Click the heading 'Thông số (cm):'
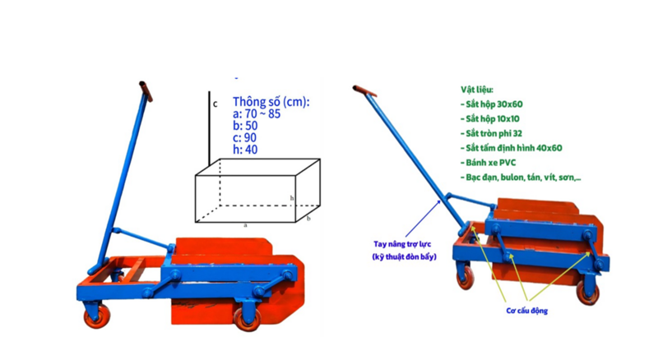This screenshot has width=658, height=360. [271, 102]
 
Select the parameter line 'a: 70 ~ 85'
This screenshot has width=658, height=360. [257, 113]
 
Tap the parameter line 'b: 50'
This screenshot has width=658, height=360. [245, 126]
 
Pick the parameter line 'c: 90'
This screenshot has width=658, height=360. [244, 137]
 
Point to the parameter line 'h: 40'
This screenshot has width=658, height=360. [245, 150]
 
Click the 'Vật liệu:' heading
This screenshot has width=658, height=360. [477, 90]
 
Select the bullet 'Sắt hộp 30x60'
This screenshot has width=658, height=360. [491, 104]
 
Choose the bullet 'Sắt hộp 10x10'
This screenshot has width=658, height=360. [489, 118]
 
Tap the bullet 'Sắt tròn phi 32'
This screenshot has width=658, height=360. [491, 133]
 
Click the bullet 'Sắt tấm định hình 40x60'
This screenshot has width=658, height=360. [511, 148]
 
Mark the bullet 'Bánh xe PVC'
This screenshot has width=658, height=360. [488, 163]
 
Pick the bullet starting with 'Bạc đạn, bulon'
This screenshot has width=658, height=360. [521, 177]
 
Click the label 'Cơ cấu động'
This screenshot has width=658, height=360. [526, 311]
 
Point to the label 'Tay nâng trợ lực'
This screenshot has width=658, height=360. [402, 244]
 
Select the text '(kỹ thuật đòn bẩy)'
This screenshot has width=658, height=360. [404, 256]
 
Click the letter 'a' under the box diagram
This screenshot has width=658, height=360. [245, 225]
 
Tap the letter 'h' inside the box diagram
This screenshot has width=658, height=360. [292, 198]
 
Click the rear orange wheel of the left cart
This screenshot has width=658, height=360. [97, 316]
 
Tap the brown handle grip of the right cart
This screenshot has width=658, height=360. [364, 90]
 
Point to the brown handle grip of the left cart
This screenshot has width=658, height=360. [146, 91]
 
